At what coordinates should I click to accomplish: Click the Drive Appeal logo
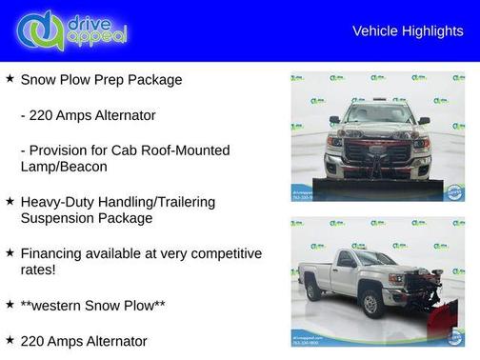click(71, 30)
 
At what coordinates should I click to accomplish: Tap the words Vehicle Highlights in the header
click(408, 30)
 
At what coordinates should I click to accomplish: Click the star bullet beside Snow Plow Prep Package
click(10, 79)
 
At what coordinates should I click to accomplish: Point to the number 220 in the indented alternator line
click(44, 115)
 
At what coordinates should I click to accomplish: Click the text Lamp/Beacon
click(67, 166)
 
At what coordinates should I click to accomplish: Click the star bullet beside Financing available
click(10, 252)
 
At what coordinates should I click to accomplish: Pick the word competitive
click(223, 253)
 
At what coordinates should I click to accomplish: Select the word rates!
click(39, 270)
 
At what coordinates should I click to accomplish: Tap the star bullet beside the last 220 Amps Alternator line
click(10, 339)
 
